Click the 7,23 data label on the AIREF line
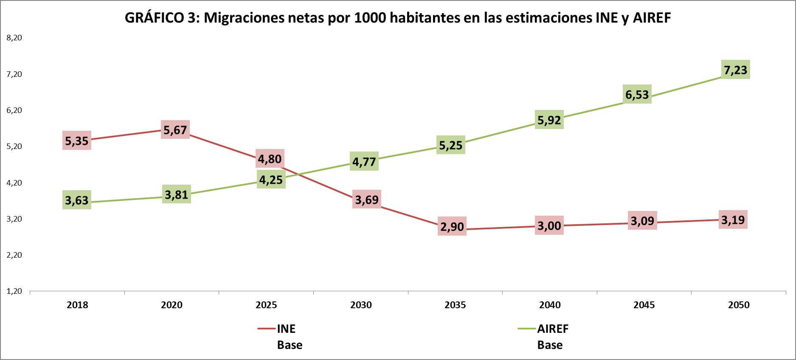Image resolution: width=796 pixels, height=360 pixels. point(735,70)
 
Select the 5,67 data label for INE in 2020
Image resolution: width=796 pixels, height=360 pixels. point(175,129)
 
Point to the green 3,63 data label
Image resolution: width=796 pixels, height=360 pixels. point(77,200)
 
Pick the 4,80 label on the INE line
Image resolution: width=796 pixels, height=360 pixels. point(270,159)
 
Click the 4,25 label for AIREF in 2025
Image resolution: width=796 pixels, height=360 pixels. point(270,180)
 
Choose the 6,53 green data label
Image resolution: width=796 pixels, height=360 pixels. point(637,94)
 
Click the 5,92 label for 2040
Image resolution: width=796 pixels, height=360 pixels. point(549,120)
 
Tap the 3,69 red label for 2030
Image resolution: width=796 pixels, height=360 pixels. point(366,200)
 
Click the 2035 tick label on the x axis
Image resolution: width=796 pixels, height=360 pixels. point(455,305)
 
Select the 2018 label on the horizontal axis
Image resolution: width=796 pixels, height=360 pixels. point(78,305)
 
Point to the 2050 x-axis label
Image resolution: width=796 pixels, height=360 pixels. point(739,305)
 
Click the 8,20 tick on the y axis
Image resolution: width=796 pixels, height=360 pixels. point(14,38)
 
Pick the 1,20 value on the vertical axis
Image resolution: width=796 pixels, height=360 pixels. point(14,292)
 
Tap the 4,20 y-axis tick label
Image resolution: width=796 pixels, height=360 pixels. point(14,183)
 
